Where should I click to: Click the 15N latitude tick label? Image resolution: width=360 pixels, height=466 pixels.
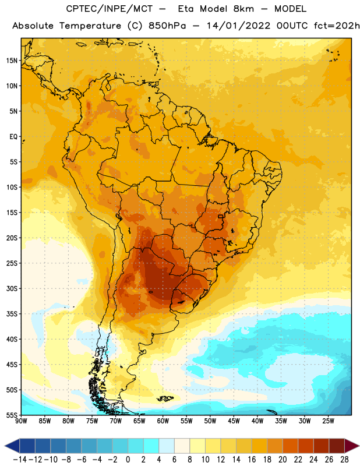tap(12, 61)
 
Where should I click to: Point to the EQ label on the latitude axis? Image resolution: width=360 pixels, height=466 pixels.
tap(13, 137)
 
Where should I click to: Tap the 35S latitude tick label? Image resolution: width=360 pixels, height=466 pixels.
tap(12, 314)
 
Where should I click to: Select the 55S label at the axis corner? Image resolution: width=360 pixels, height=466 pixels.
tap(12, 415)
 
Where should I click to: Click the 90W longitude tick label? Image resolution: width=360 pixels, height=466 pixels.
tap(21, 421)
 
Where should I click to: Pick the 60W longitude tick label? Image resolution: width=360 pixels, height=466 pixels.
tap(163, 421)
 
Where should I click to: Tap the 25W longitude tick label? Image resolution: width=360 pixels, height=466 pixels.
tap(328, 421)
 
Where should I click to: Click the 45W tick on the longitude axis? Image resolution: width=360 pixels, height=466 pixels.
tap(234, 421)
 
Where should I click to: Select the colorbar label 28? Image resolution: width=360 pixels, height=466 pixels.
tap(344, 460)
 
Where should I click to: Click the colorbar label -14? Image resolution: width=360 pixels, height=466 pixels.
tap(20, 460)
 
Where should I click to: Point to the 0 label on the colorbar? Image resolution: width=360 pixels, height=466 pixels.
tap(128, 460)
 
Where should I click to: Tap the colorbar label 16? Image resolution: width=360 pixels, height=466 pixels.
tap(252, 460)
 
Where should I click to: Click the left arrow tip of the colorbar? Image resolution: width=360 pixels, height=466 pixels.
tap(5, 446)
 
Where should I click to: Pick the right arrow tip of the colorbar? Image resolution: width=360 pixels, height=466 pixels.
tap(359, 446)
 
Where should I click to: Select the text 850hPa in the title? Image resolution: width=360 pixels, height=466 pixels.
tap(167, 26)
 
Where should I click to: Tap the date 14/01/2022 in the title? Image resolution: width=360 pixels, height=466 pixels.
tap(238, 26)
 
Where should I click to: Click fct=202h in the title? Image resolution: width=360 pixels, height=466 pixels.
tap(337, 26)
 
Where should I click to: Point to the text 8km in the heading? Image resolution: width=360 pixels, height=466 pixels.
tap(243, 9)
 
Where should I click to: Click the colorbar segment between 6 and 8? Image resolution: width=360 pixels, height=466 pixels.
tap(182, 446)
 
